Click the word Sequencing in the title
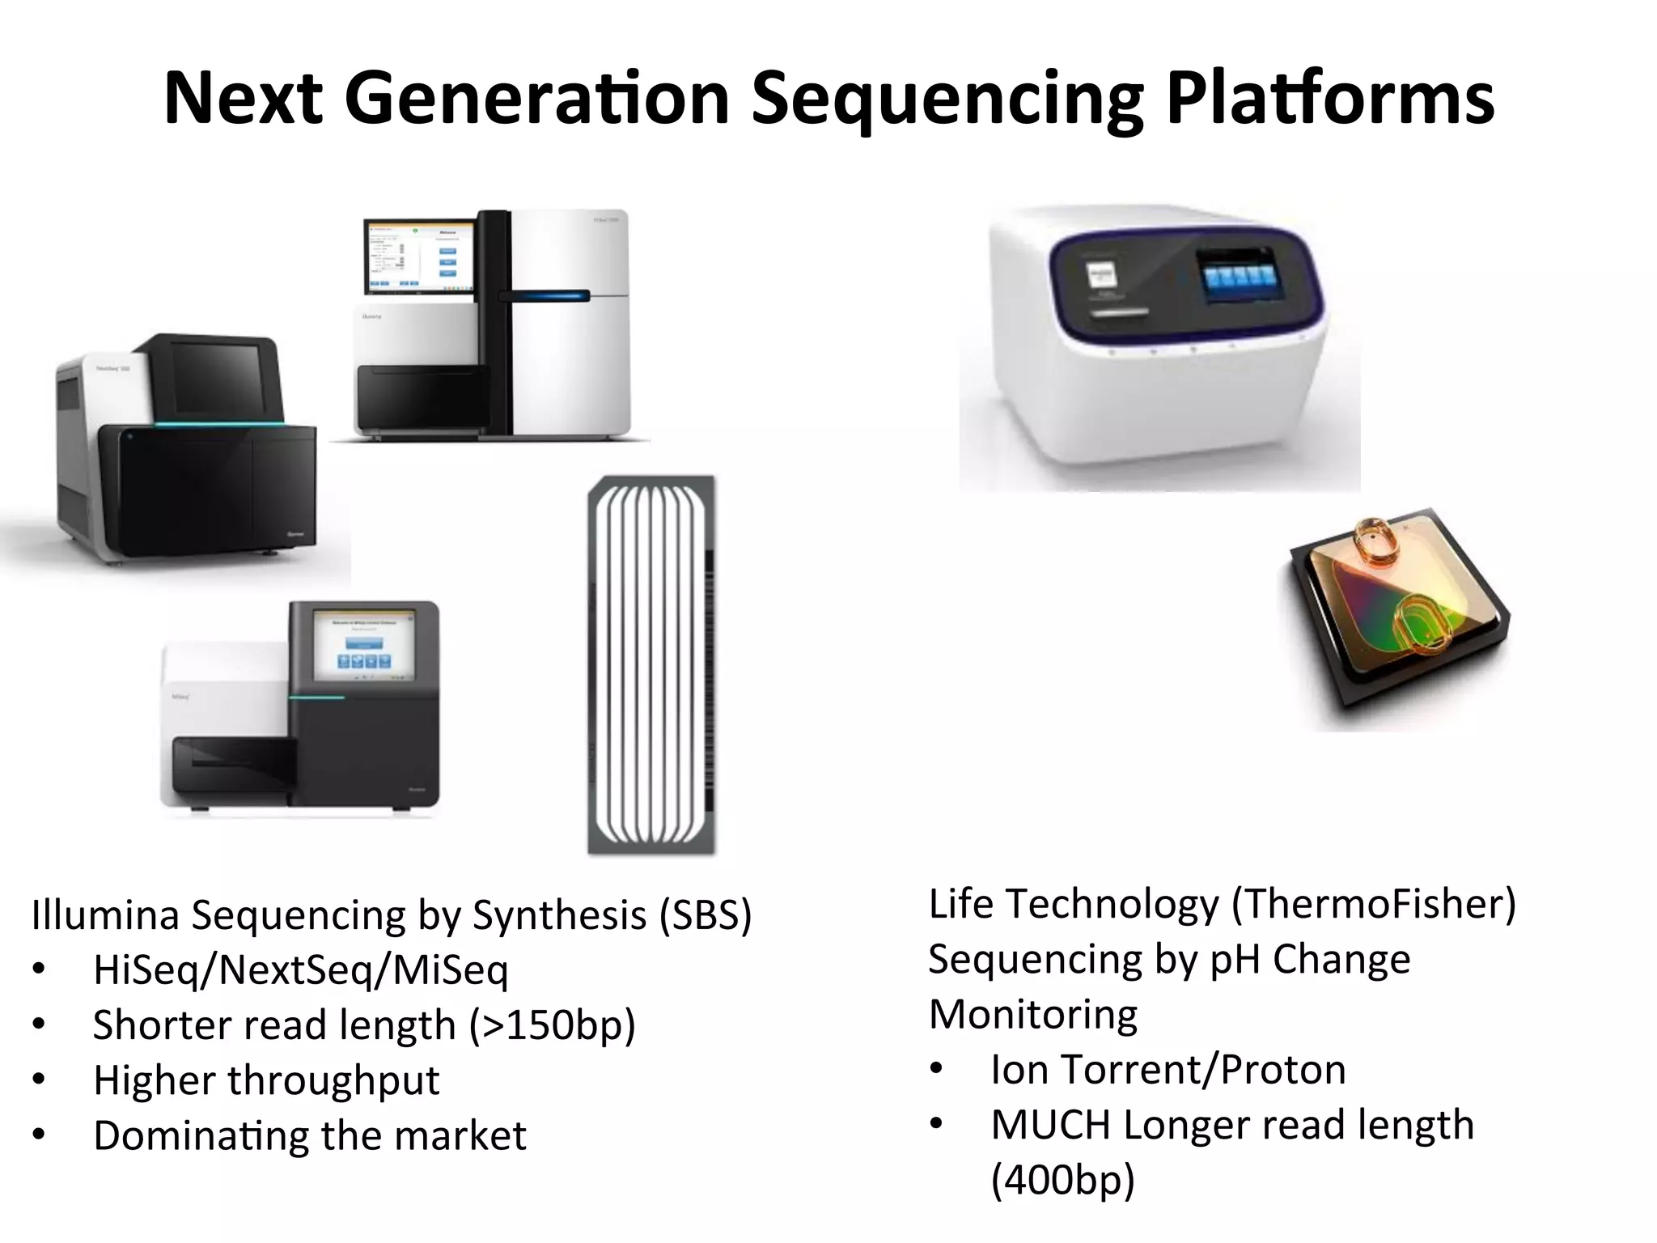(947, 99)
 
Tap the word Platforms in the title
(1330, 99)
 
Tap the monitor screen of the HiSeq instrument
(419, 254)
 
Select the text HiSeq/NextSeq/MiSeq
(300, 969)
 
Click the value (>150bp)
(553, 1025)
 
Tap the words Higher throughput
(266, 1080)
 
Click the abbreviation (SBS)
(706, 914)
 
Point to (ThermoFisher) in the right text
(1373, 904)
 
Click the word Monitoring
(1032, 1014)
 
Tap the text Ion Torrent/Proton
(1168, 1069)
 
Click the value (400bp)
(1062, 1179)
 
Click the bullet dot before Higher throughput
(39, 1080)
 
